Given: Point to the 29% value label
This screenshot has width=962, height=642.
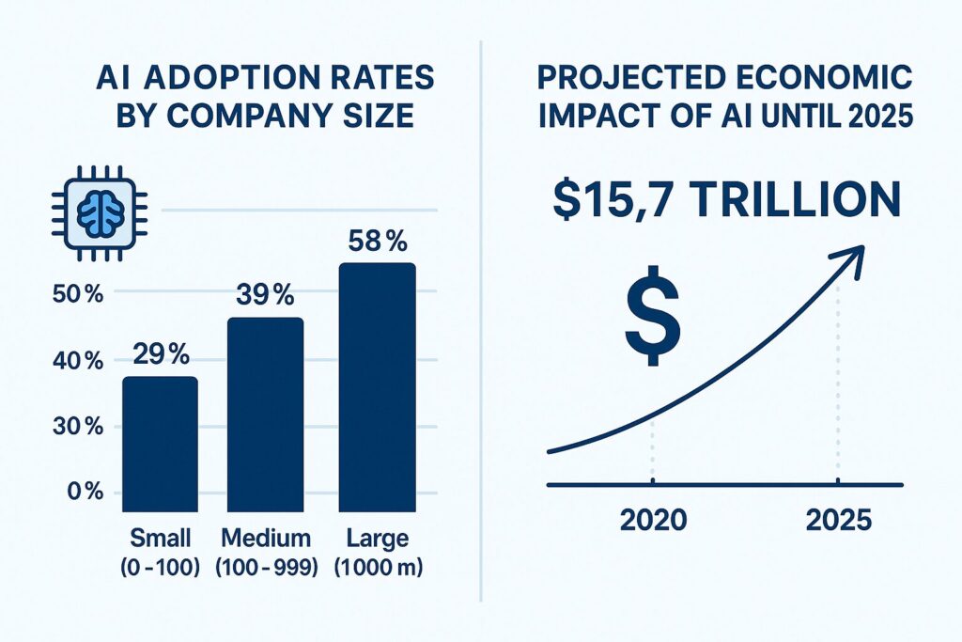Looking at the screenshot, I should pyautogui.click(x=161, y=355).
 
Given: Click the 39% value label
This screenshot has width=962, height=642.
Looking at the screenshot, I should pyautogui.click(x=266, y=294).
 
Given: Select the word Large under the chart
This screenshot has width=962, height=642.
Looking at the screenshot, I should pyautogui.click(x=376, y=539).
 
